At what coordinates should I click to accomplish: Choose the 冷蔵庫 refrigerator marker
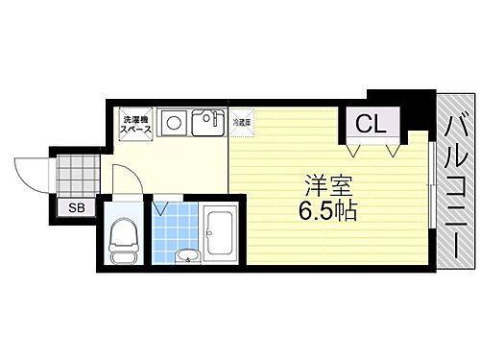pyautogui.click(x=240, y=122)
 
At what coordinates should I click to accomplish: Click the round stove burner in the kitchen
pyautogui.click(x=174, y=123)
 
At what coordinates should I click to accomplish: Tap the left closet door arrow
pyautogui.click(x=355, y=150)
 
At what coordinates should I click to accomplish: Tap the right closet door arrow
pyautogui.click(x=393, y=150)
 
